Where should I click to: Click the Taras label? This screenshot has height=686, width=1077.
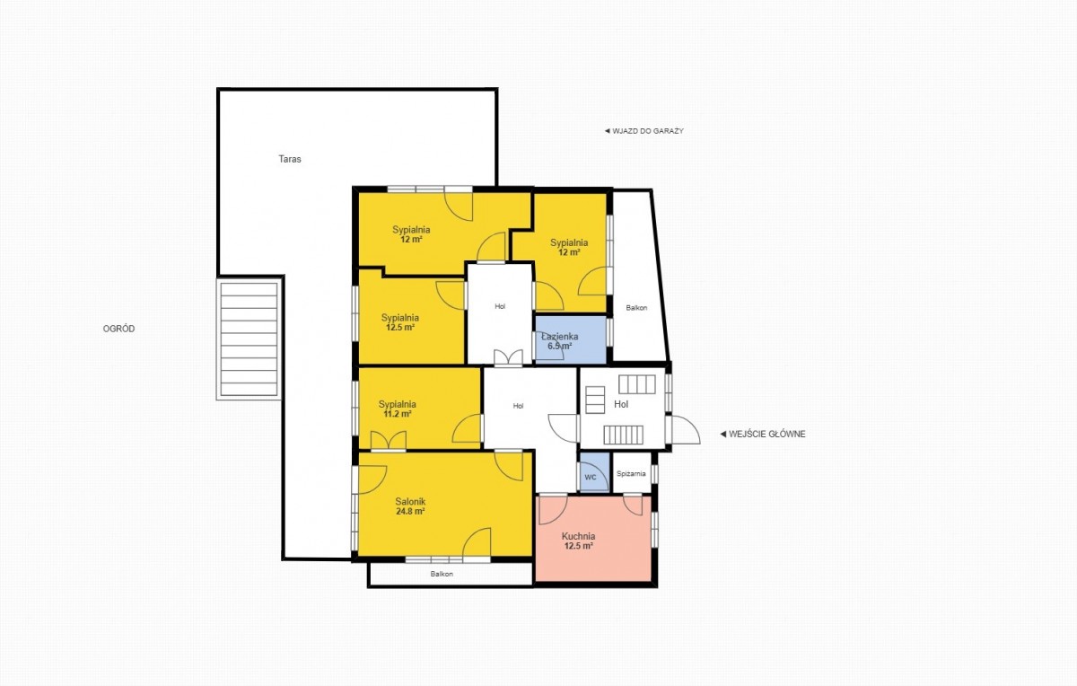(x=290, y=159)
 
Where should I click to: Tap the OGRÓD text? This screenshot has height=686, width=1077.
(x=118, y=329)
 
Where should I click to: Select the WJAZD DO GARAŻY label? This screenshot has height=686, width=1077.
(x=648, y=131)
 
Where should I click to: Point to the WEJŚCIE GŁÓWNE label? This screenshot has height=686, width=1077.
(x=766, y=434)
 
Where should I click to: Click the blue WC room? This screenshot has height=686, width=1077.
(x=595, y=472)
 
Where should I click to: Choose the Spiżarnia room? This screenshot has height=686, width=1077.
(x=632, y=472)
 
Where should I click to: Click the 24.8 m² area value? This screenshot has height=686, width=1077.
(x=410, y=512)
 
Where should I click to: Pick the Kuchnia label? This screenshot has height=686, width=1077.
(x=578, y=536)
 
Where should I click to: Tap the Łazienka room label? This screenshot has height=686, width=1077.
(x=560, y=336)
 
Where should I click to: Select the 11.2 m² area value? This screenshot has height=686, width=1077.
(x=398, y=414)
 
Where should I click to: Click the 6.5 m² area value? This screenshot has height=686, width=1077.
(x=560, y=346)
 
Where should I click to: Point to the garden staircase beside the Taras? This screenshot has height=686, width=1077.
(x=249, y=339)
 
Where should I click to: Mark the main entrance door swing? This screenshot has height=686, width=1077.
(x=686, y=429)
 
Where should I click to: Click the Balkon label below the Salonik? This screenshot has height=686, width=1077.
(x=442, y=574)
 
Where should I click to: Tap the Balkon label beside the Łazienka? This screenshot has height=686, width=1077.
(x=636, y=308)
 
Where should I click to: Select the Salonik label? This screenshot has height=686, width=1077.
(x=410, y=502)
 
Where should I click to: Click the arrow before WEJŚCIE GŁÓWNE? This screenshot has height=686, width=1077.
(x=722, y=434)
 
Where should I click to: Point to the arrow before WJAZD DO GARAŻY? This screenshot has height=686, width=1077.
(x=608, y=131)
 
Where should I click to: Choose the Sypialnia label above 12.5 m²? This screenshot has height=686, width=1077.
(x=400, y=318)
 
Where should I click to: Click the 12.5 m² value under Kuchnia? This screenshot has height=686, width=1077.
(x=578, y=546)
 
